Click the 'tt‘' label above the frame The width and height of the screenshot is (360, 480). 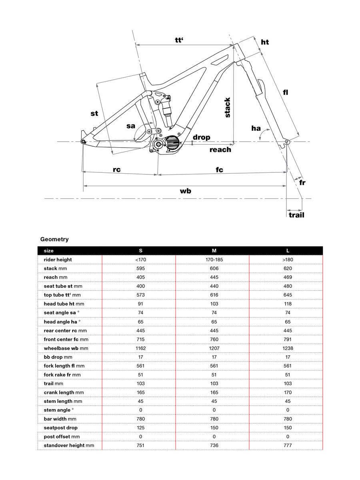(179, 40)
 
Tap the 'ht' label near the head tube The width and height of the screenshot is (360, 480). (265, 42)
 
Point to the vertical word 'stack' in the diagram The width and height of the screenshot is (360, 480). (228, 107)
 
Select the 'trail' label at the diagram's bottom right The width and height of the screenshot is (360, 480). (296, 215)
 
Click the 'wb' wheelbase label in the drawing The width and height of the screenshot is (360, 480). (185, 191)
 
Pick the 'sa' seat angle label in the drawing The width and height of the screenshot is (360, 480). (131, 126)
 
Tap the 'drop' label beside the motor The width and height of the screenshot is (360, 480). (201, 137)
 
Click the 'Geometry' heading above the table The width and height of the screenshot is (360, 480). (54, 239)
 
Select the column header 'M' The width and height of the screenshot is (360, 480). (214, 251)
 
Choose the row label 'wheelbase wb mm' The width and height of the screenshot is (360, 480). (66, 348)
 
